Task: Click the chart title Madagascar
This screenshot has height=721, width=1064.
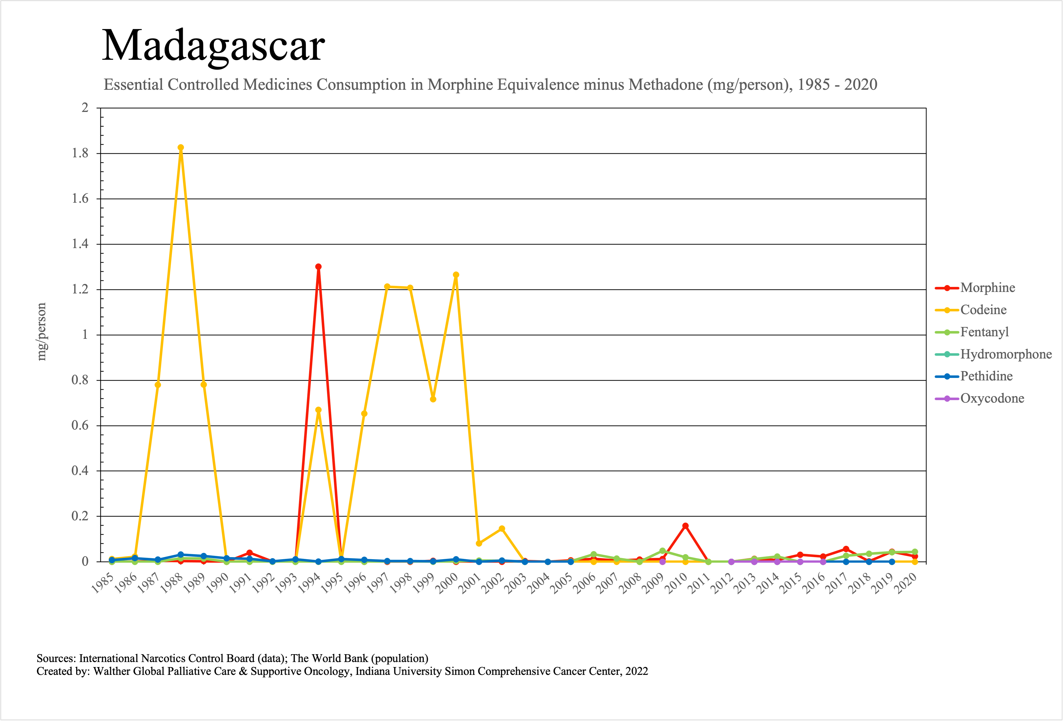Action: point(213,46)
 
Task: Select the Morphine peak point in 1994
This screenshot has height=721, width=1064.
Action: point(318,266)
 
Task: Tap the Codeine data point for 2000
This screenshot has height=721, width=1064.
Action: point(456,275)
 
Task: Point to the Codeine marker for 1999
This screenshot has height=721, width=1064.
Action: point(433,399)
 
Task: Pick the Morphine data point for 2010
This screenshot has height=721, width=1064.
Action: point(685,526)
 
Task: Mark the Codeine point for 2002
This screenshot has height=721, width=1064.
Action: point(502,529)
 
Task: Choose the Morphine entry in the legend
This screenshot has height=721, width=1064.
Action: point(988,288)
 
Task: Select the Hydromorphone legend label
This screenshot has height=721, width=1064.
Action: point(1006,354)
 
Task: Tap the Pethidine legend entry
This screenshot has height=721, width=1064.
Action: point(986,376)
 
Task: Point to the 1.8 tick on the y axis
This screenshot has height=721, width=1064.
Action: point(80,153)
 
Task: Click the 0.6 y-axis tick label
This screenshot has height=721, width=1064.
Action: point(80,426)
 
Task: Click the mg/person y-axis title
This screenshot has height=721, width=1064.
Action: point(42,332)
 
